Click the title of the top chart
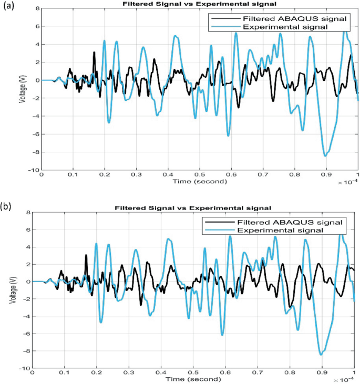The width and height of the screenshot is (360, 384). coord(200,6)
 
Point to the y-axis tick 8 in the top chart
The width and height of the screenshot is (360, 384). coord(36,9)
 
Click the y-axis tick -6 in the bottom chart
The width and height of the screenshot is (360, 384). coord(27,334)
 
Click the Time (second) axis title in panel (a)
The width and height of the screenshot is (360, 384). coord(199,181)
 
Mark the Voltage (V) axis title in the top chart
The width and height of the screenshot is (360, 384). coord(23,89)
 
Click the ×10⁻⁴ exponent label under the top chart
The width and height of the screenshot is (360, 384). coord(347,182)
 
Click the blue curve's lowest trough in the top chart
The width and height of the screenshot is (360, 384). coord(325,156)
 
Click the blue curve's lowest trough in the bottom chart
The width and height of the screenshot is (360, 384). coord(321,355)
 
